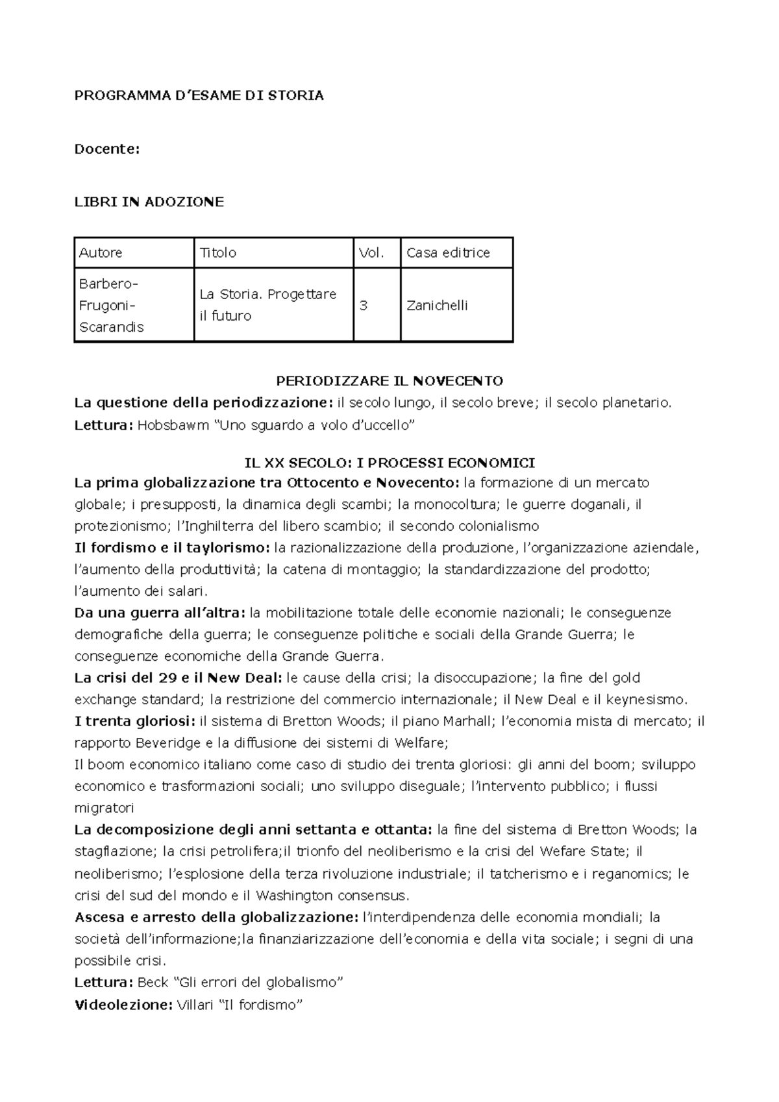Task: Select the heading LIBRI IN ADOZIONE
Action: click(x=149, y=202)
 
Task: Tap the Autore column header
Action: click(x=101, y=253)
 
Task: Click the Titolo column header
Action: click(x=218, y=253)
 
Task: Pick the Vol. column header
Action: click(x=372, y=253)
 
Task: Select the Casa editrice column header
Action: click(x=448, y=253)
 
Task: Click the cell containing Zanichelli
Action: click(x=437, y=306)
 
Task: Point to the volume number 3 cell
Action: click(x=364, y=306)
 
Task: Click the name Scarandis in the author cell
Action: click(x=111, y=328)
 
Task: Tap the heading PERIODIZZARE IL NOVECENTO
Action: click(x=389, y=381)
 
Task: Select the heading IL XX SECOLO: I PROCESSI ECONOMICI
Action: click(x=389, y=463)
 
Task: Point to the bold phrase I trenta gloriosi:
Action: click(x=135, y=721)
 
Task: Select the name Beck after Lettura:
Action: click(x=153, y=983)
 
